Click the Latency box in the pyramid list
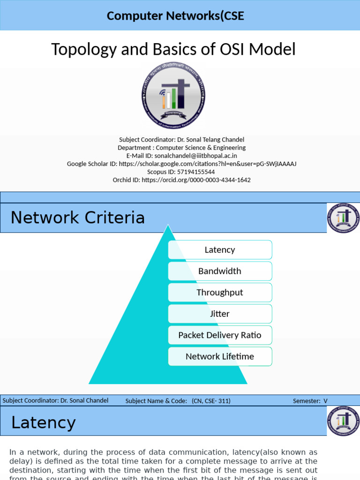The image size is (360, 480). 220,250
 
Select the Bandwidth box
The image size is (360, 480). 220,271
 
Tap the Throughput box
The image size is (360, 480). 220,292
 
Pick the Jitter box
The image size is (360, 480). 220,314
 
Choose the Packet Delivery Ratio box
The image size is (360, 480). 220,335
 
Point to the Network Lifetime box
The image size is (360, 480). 220,356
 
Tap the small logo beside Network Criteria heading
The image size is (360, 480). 343,218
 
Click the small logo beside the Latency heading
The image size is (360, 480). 343,421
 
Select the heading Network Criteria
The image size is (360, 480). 78,217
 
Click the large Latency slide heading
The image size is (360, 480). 43,423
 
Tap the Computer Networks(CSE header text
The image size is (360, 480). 175,15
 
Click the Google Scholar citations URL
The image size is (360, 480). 208,164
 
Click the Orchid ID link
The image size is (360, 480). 196,180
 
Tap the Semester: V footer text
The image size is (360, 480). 310,401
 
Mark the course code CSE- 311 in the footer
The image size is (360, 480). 216,401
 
